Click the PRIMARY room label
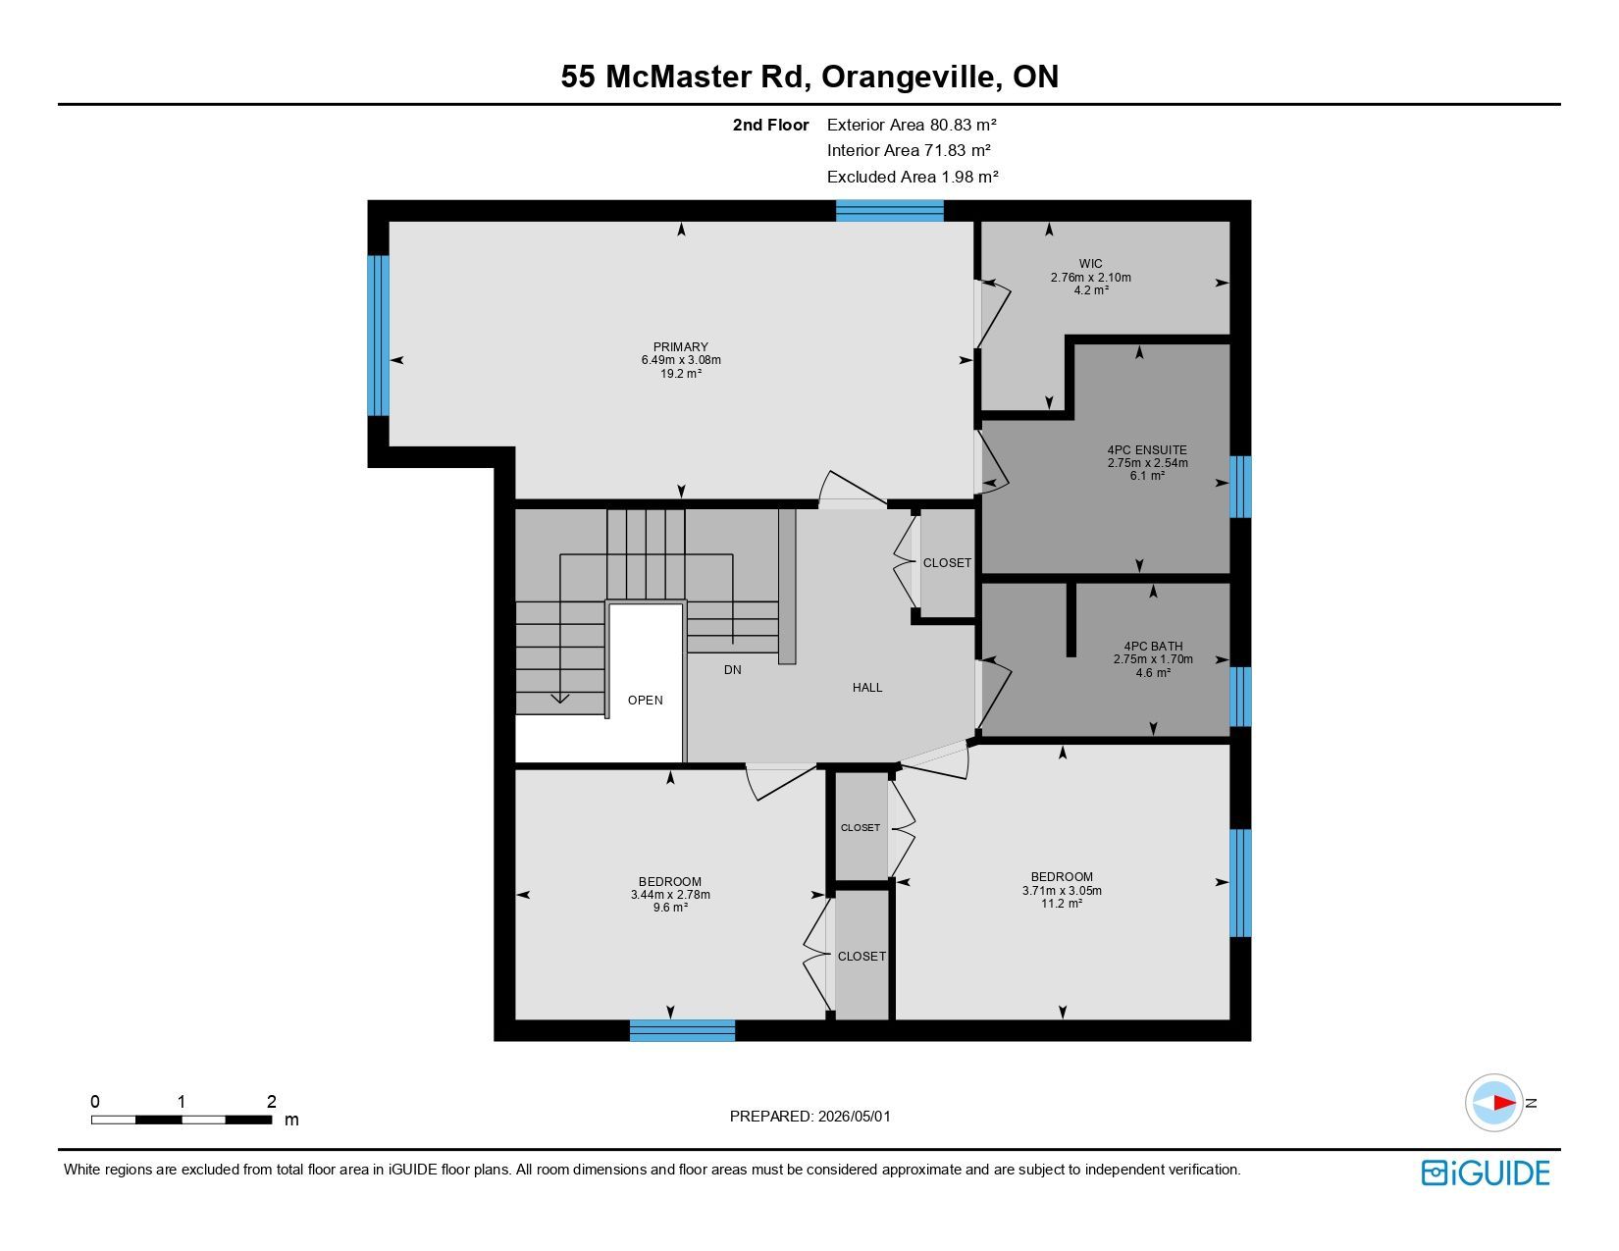[x=680, y=346]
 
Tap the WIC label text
[x=1090, y=263]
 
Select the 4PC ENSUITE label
[x=1147, y=449]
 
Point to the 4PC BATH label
[x=1153, y=646]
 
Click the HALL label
[x=867, y=687]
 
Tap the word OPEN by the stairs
[x=646, y=700]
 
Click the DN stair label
[x=732, y=669]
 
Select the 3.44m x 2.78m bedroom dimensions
[x=670, y=894]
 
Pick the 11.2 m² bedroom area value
[x=1061, y=903]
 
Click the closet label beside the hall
[x=947, y=562]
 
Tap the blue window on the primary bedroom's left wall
[x=379, y=336]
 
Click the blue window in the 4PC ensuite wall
[x=1240, y=487]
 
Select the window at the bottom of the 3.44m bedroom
[x=683, y=1030]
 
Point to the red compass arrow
[x=1504, y=1102]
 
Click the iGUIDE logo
[x=1486, y=1173]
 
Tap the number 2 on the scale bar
[x=272, y=1101]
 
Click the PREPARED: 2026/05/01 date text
[x=809, y=1117]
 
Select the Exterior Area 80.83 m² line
[x=912, y=125]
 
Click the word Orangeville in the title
[x=912, y=77]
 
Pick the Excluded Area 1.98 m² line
[x=913, y=177]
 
